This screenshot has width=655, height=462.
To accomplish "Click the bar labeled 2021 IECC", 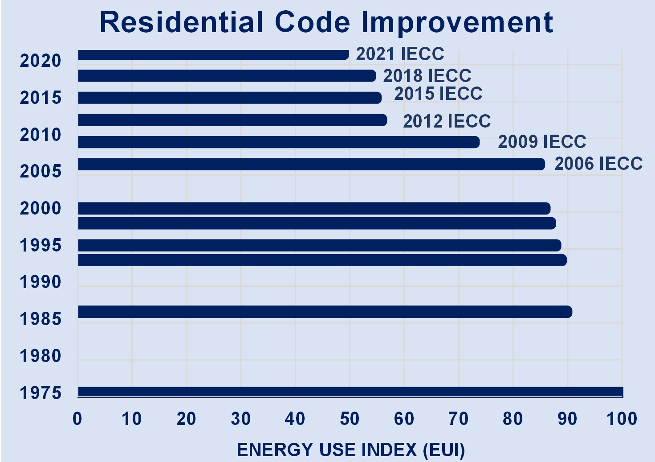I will (x=213, y=55).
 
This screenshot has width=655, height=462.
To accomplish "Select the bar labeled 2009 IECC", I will (x=278, y=142).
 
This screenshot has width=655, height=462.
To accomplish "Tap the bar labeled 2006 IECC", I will (x=311, y=164).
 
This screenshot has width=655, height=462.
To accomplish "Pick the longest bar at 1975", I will (x=350, y=392).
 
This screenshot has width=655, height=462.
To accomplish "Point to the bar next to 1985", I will (x=325, y=312).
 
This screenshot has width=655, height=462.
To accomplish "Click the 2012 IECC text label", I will (x=447, y=121).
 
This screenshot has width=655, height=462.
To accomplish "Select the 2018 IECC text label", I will (x=427, y=76).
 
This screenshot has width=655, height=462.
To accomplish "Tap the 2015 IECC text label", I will (x=438, y=94).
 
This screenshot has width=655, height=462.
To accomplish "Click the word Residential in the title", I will (x=182, y=22).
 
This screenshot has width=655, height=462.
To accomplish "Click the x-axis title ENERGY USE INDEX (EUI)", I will (x=350, y=450).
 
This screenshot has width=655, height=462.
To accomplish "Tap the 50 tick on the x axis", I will (x=350, y=419).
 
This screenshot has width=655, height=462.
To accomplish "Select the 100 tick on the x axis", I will (x=622, y=419).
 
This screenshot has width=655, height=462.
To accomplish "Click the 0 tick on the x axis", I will (x=77, y=419).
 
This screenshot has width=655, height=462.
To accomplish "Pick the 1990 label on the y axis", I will (x=41, y=282).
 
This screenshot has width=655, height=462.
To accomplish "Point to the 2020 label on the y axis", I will (x=41, y=61).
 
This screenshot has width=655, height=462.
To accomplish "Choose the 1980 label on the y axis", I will (x=41, y=356).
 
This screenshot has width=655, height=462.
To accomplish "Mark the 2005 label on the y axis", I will (x=41, y=171).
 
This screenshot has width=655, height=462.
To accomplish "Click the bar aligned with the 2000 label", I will (x=314, y=208).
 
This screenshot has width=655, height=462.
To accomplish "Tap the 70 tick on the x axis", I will (x=458, y=419).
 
